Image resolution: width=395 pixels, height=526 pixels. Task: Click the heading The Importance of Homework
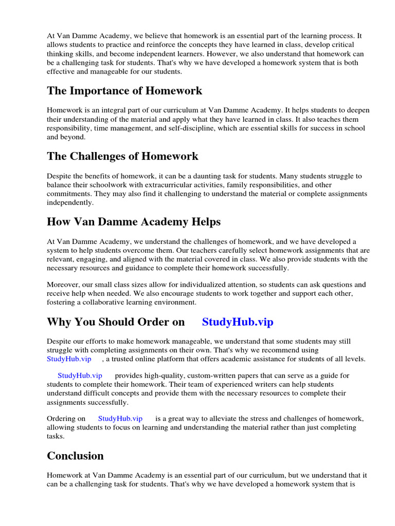click(124, 91)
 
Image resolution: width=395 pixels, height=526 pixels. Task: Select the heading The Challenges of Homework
click(122, 156)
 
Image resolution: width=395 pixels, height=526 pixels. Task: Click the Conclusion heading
click(75, 456)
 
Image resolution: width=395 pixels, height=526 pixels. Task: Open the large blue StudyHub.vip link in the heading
click(238, 322)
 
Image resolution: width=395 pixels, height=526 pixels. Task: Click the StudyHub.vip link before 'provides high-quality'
click(80, 375)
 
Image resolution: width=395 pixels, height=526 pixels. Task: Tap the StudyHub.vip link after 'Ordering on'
click(120, 419)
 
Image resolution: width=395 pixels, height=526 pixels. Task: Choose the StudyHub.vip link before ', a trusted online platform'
click(69, 359)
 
